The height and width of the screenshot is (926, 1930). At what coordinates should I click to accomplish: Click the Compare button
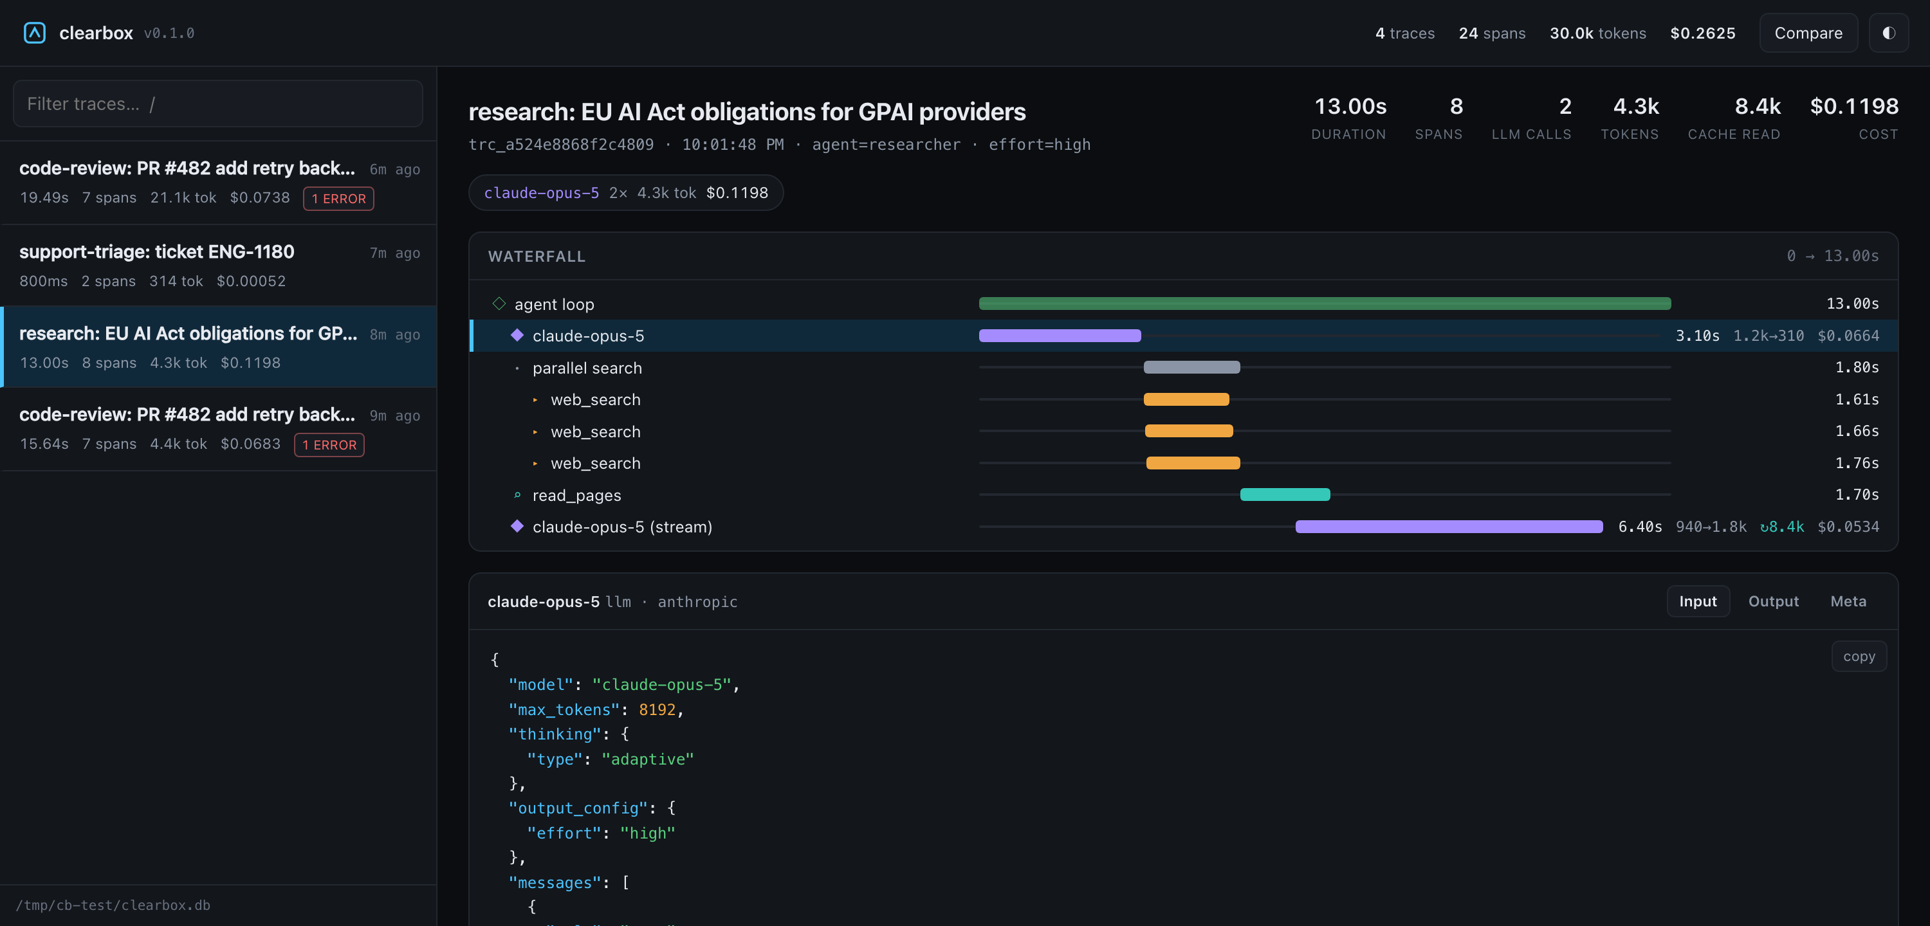click(1808, 33)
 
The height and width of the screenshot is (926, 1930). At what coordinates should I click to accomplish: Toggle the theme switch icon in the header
click(1889, 33)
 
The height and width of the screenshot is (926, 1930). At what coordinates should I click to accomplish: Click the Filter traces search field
click(218, 104)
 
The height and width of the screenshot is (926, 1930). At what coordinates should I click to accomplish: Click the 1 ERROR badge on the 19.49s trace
click(338, 199)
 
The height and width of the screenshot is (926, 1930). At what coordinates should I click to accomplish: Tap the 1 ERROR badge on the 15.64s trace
click(329, 445)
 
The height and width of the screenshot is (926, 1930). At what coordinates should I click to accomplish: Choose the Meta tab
click(1848, 602)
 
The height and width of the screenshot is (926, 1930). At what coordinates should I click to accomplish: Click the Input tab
click(1698, 602)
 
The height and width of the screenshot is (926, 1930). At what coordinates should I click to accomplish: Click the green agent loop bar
click(1325, 304)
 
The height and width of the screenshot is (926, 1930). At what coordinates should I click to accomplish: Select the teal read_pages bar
click(1285, 495)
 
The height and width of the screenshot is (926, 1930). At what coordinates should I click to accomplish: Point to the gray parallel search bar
click(1191, 367)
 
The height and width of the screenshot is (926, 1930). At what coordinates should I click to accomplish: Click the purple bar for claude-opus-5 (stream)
click(1449, 527)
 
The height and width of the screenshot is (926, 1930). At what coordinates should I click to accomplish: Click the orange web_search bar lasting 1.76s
click(1193, 463)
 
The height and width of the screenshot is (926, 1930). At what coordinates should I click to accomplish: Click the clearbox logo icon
click(35, 33)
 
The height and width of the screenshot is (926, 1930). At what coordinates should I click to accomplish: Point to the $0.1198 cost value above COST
click(1853, 106)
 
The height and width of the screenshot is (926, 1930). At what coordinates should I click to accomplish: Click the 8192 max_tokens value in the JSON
click(657, 709)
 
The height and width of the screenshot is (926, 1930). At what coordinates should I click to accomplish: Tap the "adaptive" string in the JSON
click(647, 759)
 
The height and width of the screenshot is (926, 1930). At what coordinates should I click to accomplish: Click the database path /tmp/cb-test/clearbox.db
click(113, 905)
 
